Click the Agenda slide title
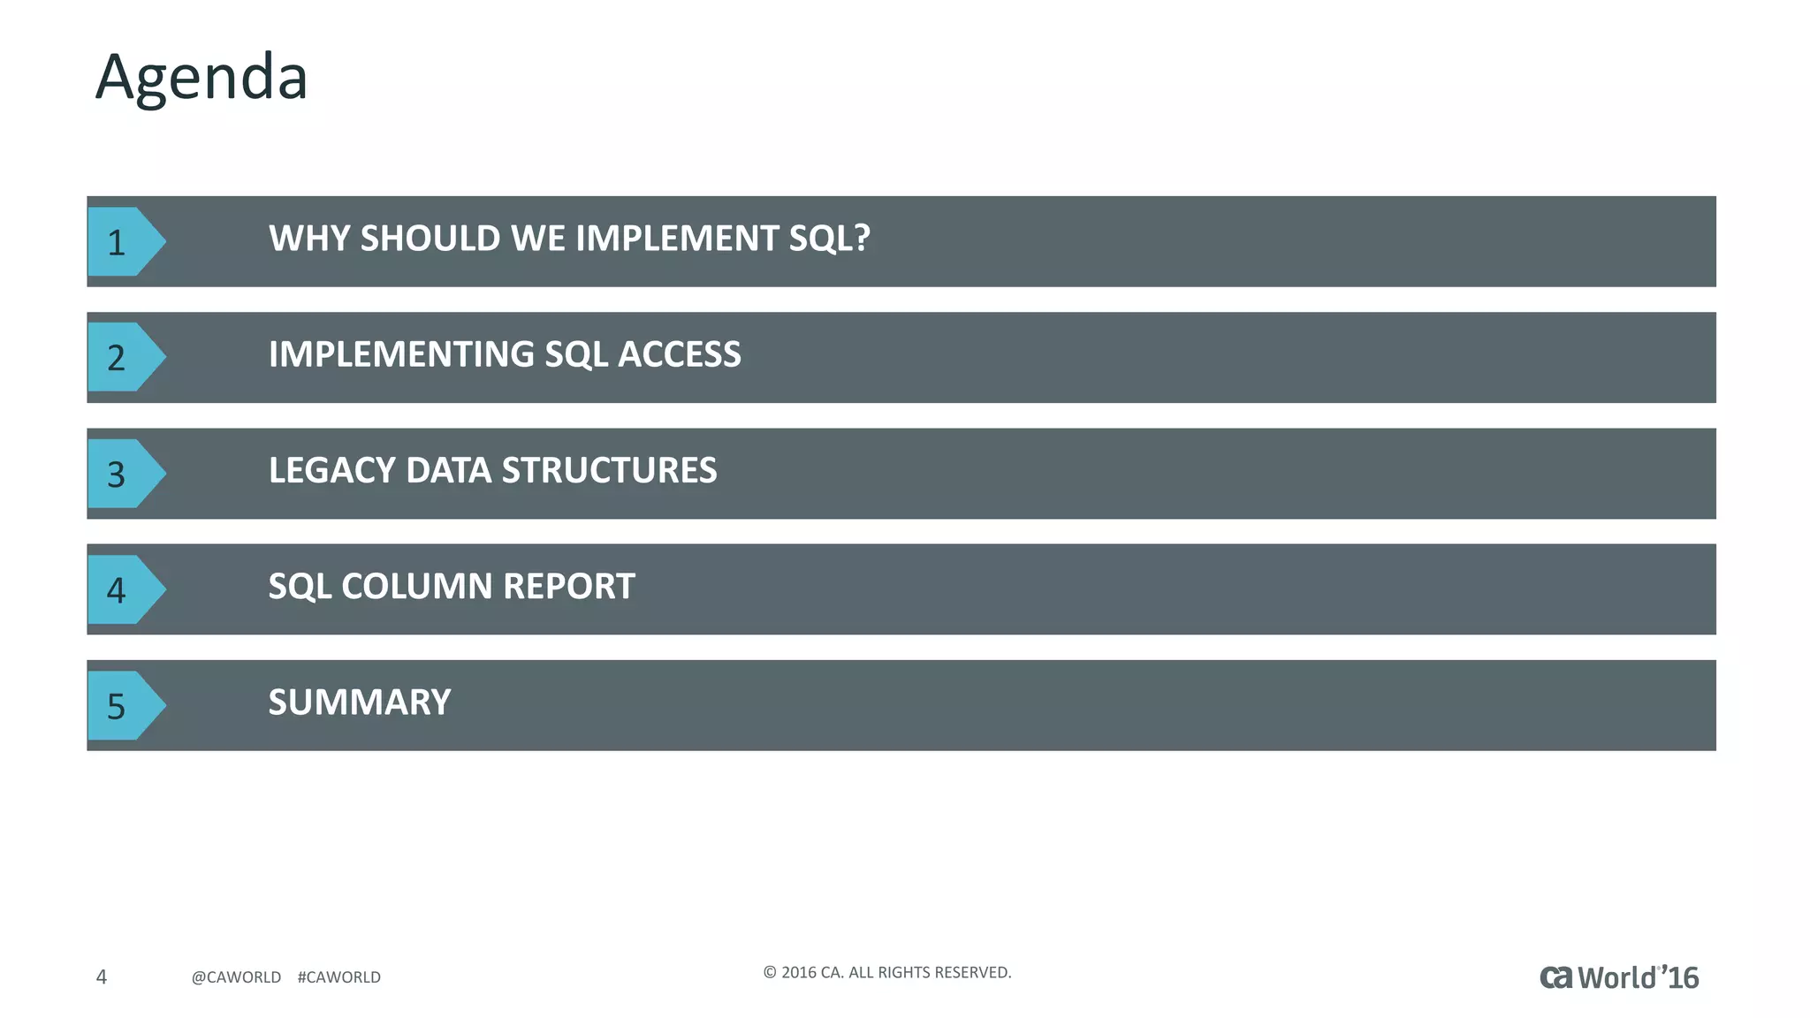[x=202, y=78]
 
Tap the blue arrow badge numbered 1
[x=122, y=241]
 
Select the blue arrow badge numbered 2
[x=122, y=357]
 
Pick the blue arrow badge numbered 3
[x=122, y=474]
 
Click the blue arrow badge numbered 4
[x=122, y=589]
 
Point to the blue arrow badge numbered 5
[x=122, y=705]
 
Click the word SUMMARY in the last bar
[x=359, y=703]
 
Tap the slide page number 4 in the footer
[x=102, y=976]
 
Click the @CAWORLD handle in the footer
[x=236, y=977]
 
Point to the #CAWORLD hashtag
[x=338, y=977]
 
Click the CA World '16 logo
[x=1618, y=977]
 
